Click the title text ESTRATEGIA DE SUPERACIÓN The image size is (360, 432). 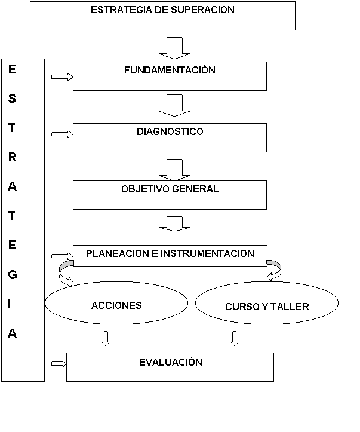coord(162,10)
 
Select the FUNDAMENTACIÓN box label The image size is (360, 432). coord(170,70)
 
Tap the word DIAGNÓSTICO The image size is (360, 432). coord(170,131)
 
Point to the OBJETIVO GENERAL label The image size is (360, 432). coord(170,189)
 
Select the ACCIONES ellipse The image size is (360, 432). coord(117,305)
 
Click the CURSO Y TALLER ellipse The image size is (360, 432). coord(267,307)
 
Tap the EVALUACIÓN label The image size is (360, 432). coord(170,362)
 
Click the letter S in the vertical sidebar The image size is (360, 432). coord(13,99)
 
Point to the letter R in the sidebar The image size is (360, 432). coord(13,157)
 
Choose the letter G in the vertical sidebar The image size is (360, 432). coord(13,275)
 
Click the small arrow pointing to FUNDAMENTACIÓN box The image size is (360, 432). coord(62,76)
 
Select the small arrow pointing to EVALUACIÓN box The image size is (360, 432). coord(59,363)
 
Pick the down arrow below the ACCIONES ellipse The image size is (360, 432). coord(106,339)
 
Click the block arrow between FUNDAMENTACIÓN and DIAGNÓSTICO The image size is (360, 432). coord(174,106)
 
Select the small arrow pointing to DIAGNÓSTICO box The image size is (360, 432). coord(62,134)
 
